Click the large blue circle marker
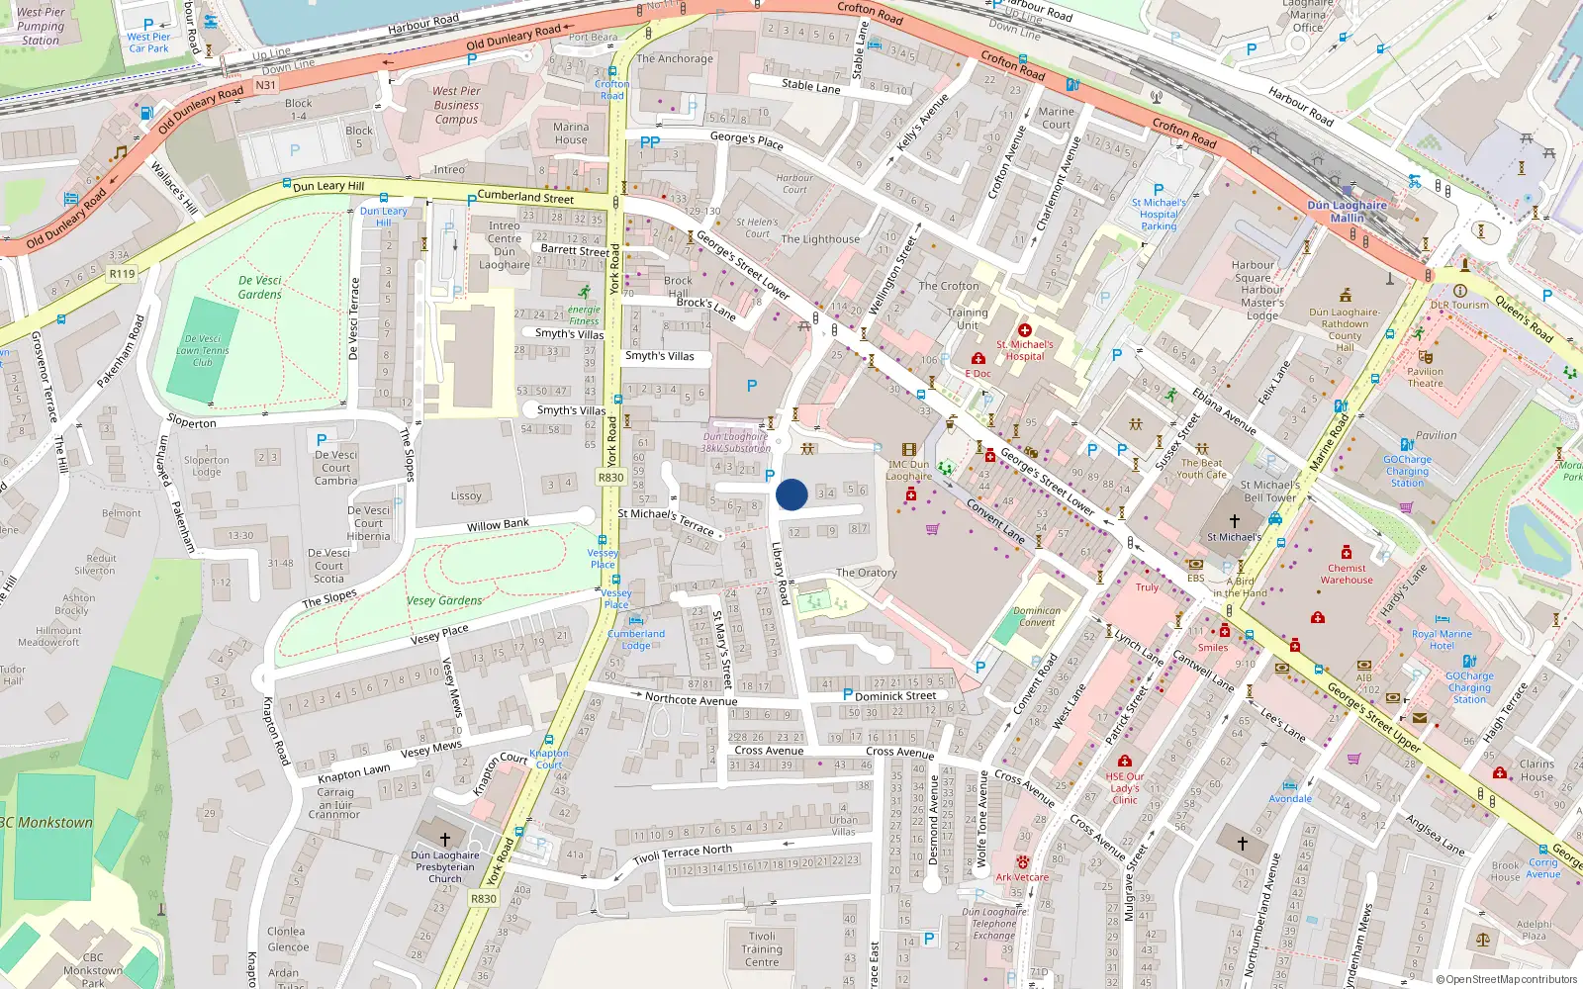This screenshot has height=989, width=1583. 791,494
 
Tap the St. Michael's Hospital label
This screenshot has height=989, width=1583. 1025,350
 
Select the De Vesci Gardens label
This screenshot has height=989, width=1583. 260,288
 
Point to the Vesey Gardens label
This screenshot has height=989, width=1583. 444,600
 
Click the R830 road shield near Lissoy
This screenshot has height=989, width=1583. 610,478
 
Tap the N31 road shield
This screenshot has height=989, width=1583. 265,85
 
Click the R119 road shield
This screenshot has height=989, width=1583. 122,274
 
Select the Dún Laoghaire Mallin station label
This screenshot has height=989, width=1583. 1347,212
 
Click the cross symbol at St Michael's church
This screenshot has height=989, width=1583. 1234,520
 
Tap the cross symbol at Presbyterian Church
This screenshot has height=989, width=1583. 445,840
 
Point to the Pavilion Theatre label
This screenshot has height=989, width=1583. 1425,377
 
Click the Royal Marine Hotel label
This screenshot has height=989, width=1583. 1442,640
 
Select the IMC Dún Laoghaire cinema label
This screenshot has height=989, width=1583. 908,470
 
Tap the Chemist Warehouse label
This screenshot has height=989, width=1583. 1347,574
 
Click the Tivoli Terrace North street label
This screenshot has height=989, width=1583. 683,854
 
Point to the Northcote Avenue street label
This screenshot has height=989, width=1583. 691,699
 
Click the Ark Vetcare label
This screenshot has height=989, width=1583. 1022,877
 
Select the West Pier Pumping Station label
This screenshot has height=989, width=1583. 41,26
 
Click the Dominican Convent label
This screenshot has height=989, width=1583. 1037,616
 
